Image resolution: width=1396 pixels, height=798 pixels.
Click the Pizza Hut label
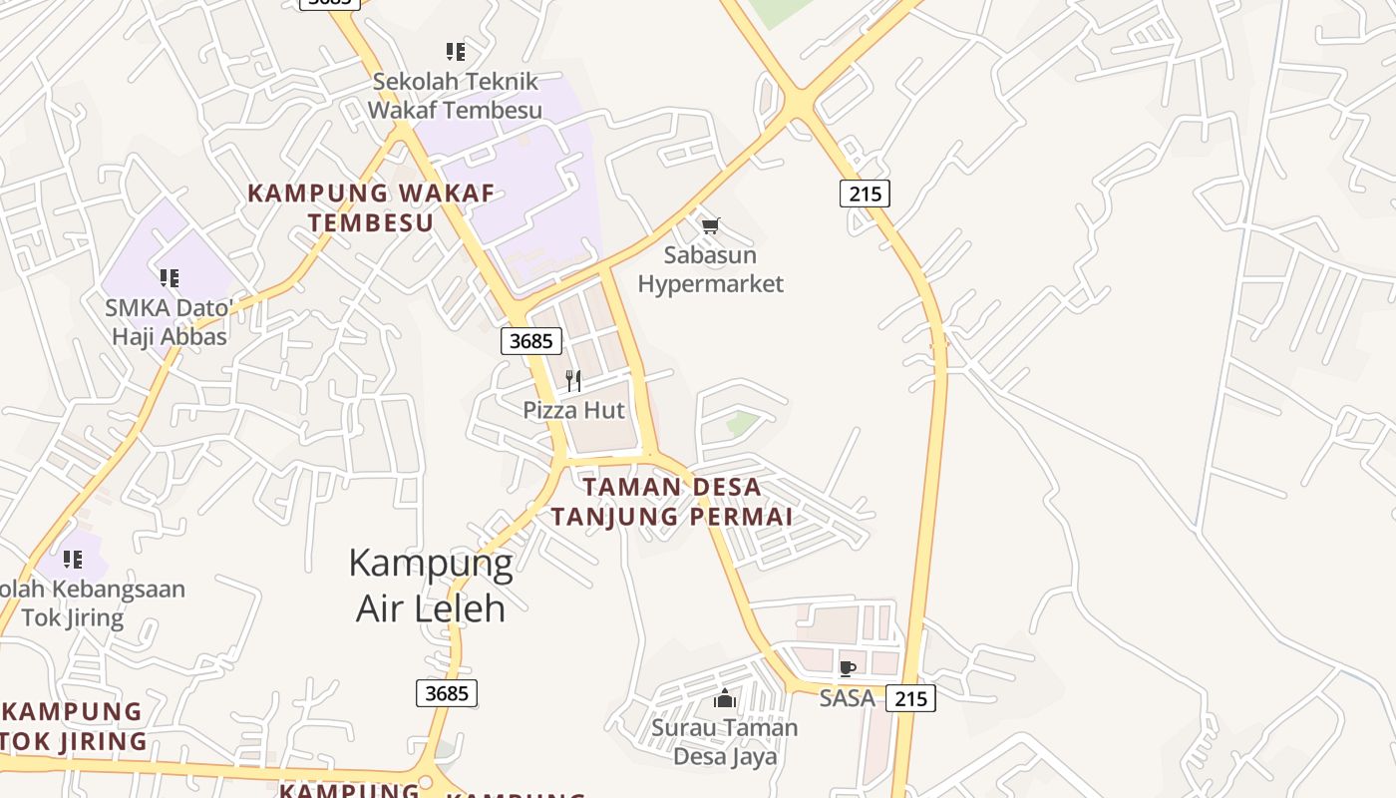point(573,410)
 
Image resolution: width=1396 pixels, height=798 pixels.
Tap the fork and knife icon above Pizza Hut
point(573,380)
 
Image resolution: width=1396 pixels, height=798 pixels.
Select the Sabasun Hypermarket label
point(710,269)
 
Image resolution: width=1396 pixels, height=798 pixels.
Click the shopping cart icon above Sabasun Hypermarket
point(710,226)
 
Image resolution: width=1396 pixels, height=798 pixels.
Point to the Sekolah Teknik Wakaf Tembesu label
point(455,96)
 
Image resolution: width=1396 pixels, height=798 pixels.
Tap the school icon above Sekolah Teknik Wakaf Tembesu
point(455,51)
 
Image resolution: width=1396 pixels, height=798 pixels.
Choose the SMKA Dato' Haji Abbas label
point(169,322)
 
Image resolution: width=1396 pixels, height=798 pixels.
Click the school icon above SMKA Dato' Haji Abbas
point(170,277)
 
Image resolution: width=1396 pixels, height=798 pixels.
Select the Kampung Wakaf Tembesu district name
point(371,207)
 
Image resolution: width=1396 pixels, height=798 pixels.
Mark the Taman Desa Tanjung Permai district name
point(672,502)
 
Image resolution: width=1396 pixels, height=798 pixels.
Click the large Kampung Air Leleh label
point(431,586)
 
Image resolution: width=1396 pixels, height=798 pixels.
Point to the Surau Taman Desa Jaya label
point(725,741)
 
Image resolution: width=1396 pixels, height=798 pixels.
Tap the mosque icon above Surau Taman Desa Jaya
point(725,698)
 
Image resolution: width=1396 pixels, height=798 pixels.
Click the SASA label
point(847,698)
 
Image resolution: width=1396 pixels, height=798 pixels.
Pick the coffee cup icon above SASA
point(847,668)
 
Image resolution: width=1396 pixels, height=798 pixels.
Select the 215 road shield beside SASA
point(910,698)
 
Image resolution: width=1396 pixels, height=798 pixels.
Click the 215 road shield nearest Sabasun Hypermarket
point(865,194)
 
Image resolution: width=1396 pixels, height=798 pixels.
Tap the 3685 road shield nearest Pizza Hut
point(530,341)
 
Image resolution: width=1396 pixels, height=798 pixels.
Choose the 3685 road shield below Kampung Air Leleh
point(446,692)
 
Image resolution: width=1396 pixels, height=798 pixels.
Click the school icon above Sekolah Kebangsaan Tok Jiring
point(73,560)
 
